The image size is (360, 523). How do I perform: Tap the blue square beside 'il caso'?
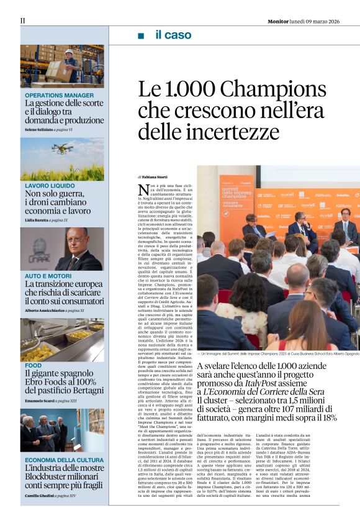pyautogui.click(x=141, y=35)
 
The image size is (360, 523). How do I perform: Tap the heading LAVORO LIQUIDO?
pyautogui.click(x=50, y=186)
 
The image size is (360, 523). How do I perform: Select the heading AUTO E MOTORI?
pyautogui.click(x=48, y=275)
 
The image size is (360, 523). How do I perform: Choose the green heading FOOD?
pyautogui.click(x=34, y=365)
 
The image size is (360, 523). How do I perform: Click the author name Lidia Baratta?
pyautogui.click(x=37, y=221)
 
